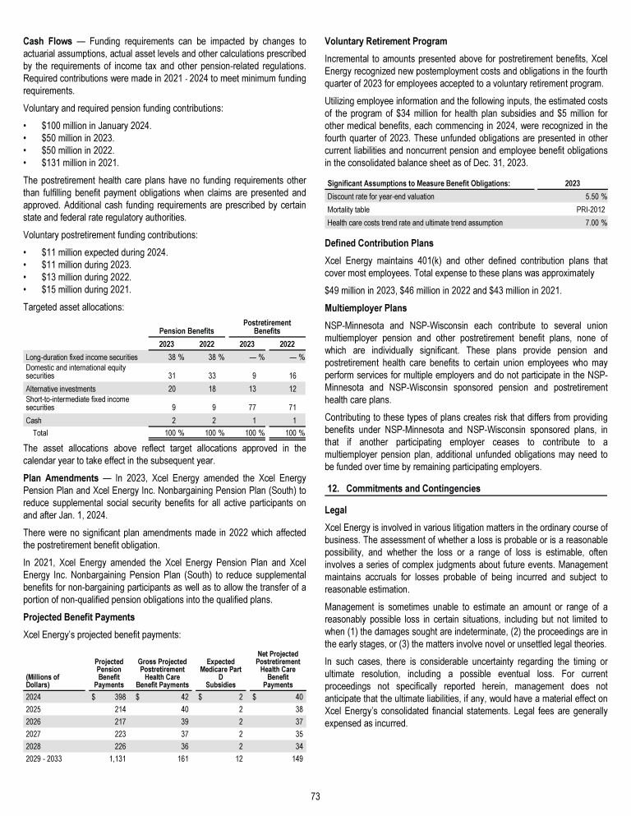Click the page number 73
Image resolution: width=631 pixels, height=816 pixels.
coord(315,795)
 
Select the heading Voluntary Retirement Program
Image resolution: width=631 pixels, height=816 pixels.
coord(386,41)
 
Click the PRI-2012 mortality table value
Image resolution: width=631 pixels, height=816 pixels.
coord(592,210)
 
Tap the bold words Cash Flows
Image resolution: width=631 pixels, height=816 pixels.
coord(46,41)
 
